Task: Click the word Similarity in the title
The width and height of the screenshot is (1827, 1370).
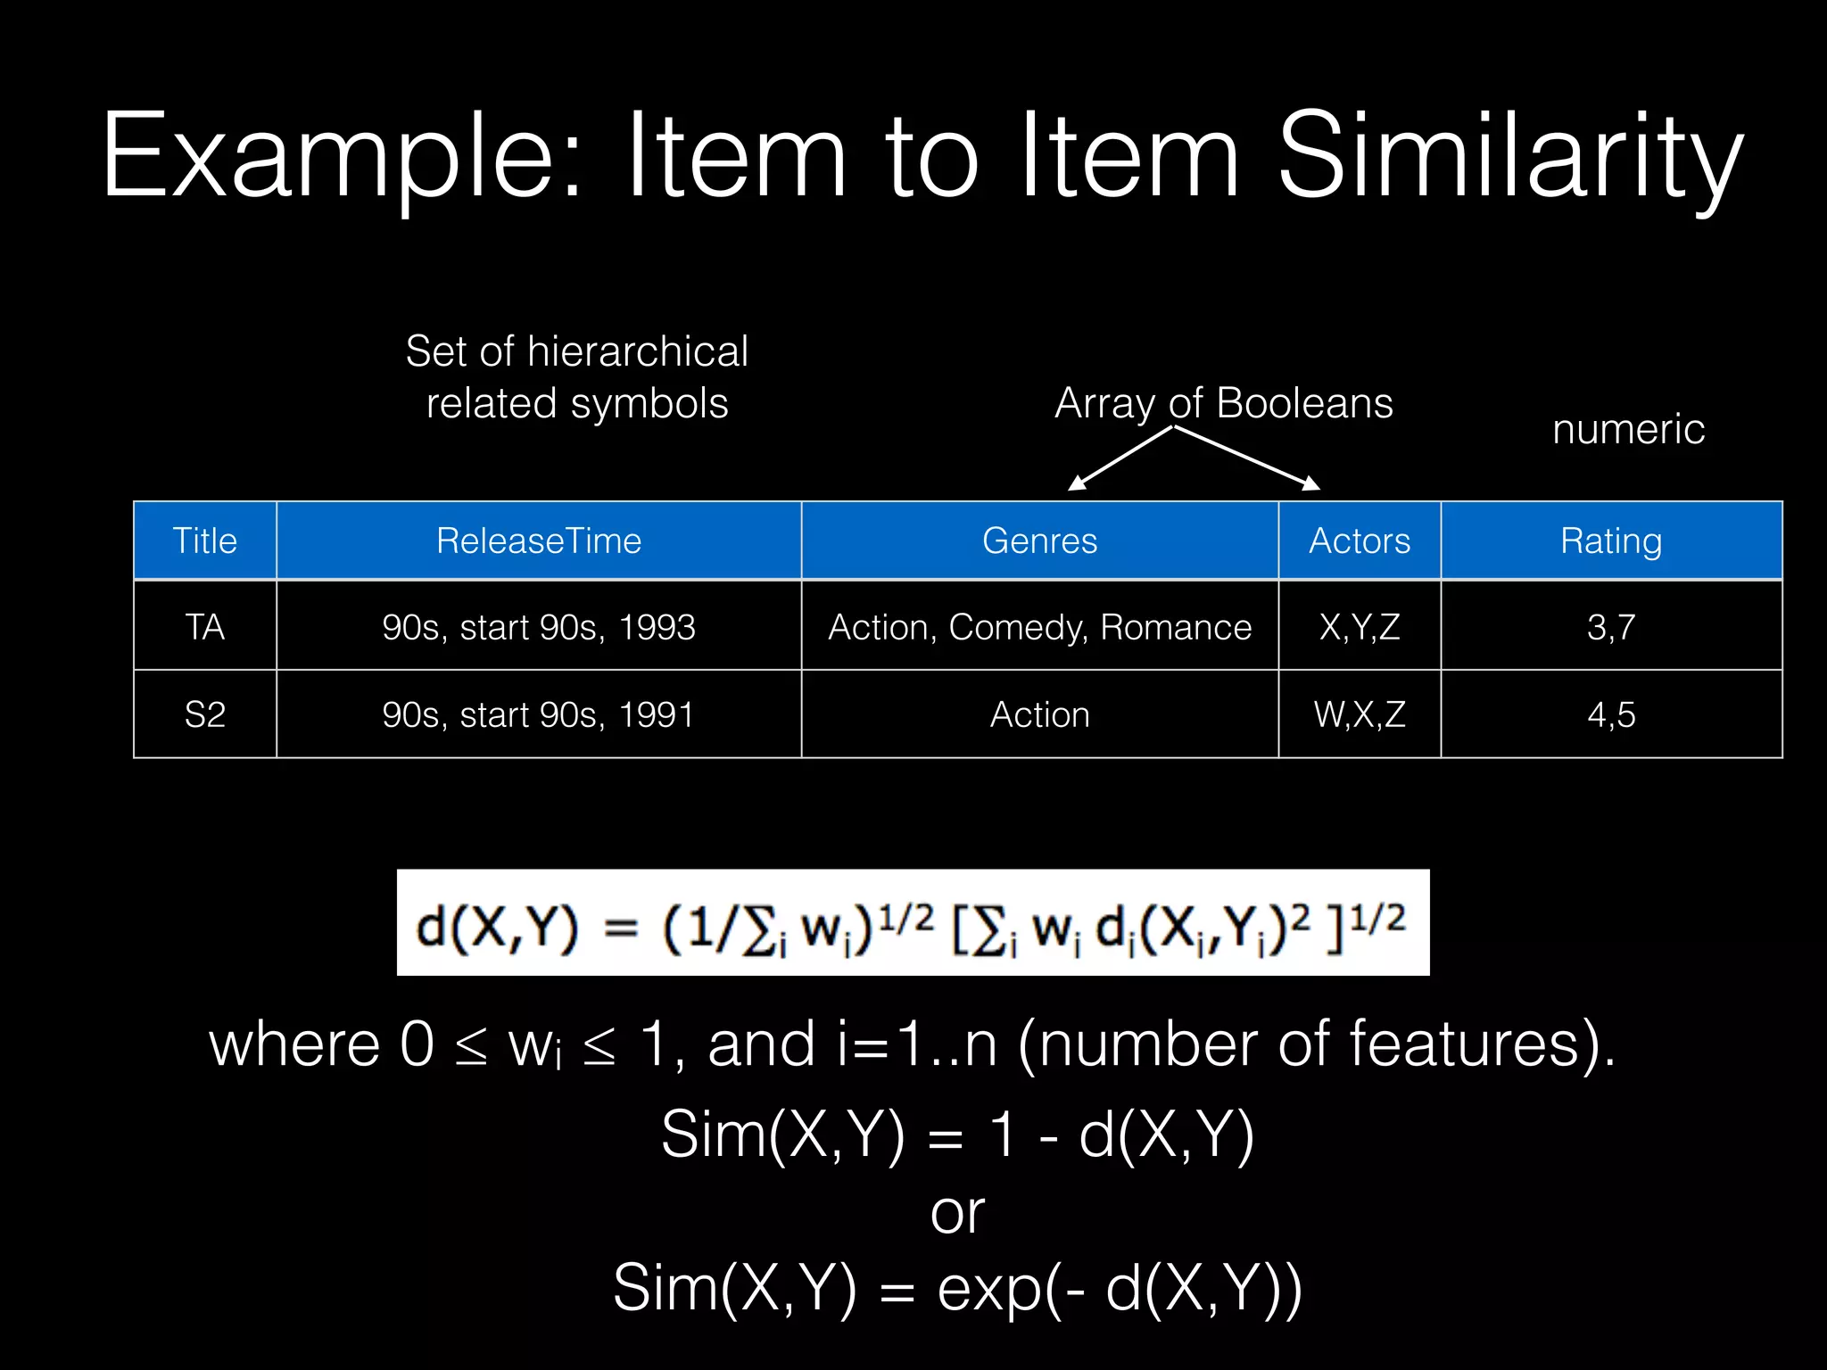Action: (x=1509, y=158)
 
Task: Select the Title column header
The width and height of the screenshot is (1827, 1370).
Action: (x=204, y=541)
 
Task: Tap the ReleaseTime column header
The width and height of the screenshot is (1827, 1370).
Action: (x=538, y=541)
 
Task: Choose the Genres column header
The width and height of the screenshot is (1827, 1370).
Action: (x=1039, y=541)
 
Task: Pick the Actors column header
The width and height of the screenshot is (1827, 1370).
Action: (x=1359, y=541)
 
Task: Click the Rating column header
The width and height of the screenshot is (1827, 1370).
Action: (x=1610, y=541)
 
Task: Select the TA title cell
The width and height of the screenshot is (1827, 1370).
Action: (x=204, y=626)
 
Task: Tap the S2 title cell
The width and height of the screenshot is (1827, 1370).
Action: (x=204, y=714)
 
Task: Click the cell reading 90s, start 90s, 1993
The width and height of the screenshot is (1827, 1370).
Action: (x=538, y=626)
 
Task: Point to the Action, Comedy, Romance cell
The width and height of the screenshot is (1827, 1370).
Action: (x=1039, y=626)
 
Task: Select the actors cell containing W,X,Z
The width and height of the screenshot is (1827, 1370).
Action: (x=1359, y=714)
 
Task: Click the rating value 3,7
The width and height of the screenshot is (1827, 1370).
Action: (x=1610, y=626)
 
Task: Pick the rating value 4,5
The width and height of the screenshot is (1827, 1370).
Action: (x=1610, y=714)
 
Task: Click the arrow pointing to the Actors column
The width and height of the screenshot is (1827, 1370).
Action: (x=1249, y=458)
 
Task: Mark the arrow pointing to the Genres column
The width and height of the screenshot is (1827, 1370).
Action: (x=1120, y=458)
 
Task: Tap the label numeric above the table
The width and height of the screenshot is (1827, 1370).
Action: (x=1628, y=429)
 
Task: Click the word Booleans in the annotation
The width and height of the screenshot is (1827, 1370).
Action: (x=1304, y=403)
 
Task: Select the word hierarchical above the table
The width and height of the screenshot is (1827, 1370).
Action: (x=638, y=351)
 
